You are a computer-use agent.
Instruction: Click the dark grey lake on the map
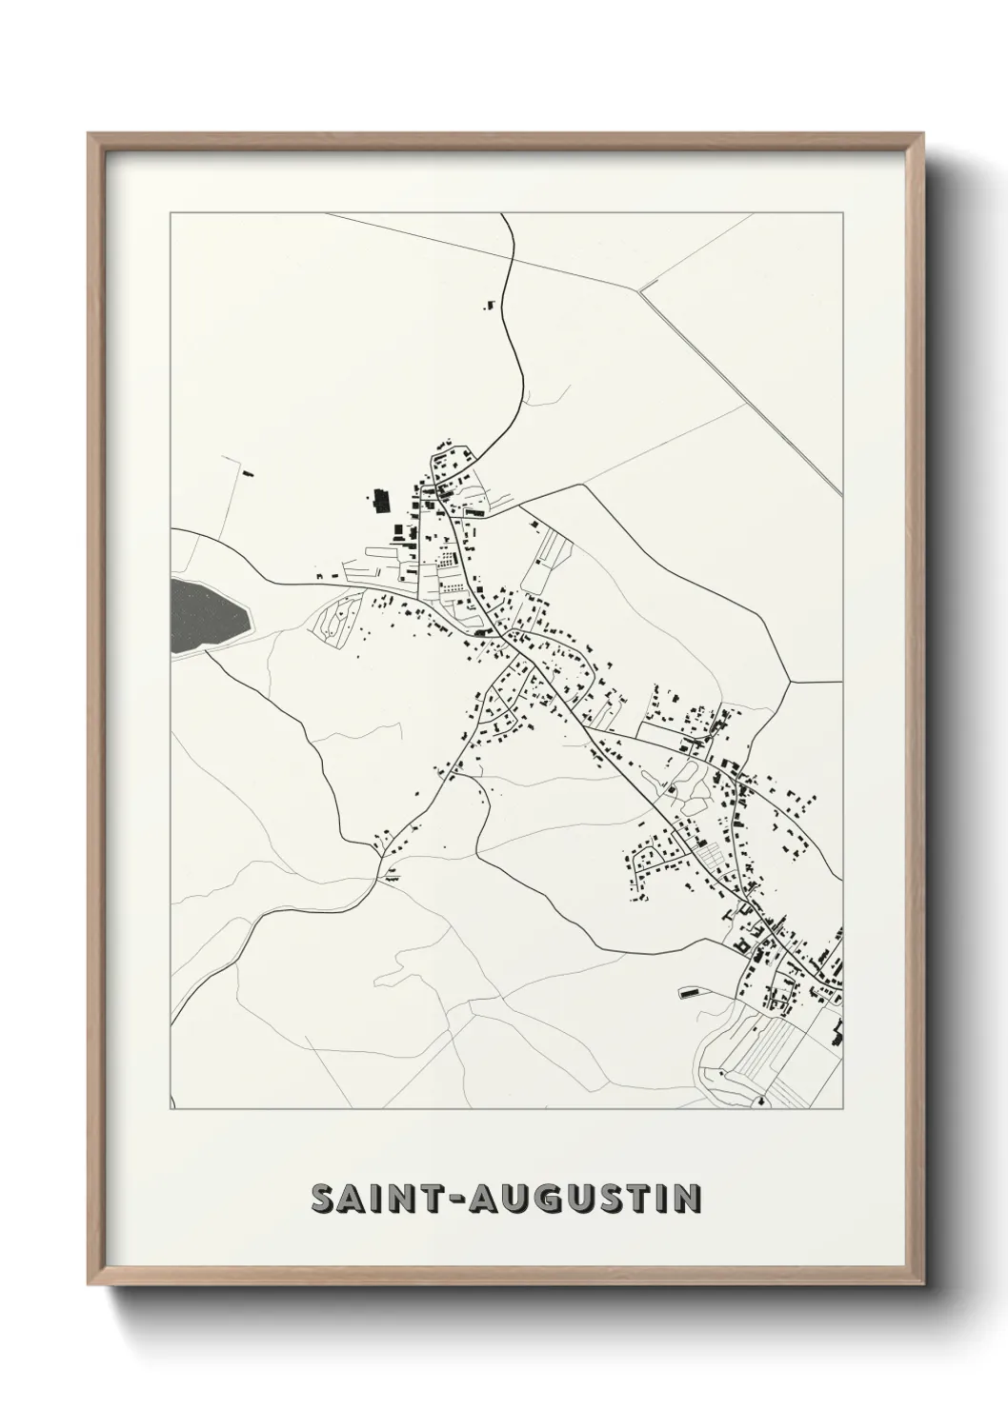click(208, 617)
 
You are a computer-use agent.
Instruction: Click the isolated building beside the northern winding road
click(491, 305)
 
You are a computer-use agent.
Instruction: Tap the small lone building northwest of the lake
click(250, 471)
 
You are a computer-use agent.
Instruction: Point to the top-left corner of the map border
click(171, 213)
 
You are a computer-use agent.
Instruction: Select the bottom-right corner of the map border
click(843, 1109)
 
